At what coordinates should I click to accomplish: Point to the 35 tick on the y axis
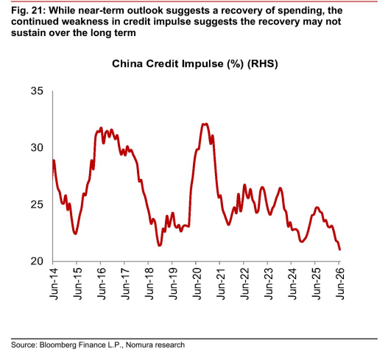37,91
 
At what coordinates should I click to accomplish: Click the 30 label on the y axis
37,147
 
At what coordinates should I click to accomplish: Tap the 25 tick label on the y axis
37,205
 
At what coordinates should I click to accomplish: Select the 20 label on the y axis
37,261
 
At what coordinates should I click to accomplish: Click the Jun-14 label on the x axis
54,283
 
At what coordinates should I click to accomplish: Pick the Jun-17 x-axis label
125,283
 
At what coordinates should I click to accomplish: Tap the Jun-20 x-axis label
197,283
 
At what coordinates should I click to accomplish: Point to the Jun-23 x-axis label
268,283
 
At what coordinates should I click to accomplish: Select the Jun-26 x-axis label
339,283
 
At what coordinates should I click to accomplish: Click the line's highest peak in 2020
205,124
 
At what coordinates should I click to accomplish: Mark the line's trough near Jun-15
76,233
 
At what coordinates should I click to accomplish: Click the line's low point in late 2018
160,245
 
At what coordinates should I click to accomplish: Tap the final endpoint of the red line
339,250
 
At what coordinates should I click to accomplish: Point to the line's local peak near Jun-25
317,208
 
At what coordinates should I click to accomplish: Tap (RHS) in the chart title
263,64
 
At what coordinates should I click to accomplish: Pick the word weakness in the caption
85,21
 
